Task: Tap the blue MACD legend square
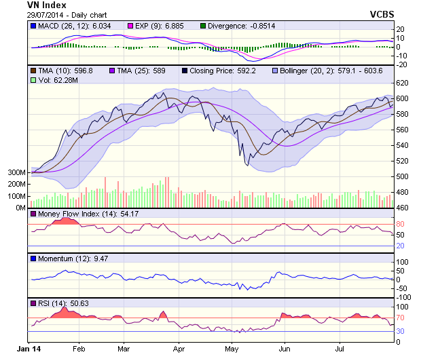pos(33,26)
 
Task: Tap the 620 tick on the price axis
pos(402,83)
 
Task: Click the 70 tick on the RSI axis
pos(400,317)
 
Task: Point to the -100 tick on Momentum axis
pos(404,297)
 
